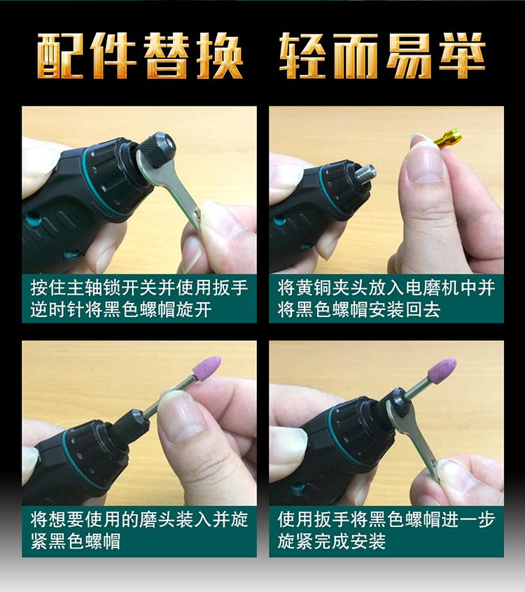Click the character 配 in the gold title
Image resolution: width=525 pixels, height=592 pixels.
pyautogui.click(x=60, y=55)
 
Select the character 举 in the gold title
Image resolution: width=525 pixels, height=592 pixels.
pyautogui.click(x=461, y=55)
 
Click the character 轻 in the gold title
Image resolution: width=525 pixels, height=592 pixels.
pyautogui.click(x=303, y=55)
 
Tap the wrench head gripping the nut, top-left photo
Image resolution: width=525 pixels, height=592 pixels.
pyautogui.click(x=149, y=171)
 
